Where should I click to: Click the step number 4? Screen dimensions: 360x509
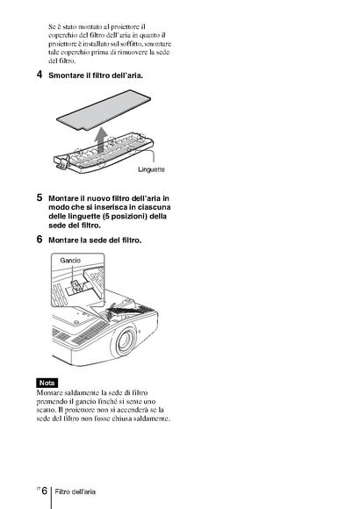[40, 75]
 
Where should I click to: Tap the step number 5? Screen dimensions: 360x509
[40, 197]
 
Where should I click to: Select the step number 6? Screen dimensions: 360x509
[40, 240]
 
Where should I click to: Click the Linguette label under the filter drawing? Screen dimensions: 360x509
[151, 169]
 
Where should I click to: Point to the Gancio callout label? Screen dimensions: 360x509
[70, 261]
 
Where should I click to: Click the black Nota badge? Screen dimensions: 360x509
[47, 383]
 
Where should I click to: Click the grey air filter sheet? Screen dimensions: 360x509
[104, 110]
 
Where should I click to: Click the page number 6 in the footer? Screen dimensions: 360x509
[45, 491]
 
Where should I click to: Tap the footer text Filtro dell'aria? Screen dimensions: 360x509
[75, 491]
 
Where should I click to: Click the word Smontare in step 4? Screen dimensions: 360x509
[66, 75]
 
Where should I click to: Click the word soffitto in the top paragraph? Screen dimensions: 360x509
[131, 44]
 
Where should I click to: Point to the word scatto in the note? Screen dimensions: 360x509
[45, 410]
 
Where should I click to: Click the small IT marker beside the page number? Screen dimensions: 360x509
[39, 488]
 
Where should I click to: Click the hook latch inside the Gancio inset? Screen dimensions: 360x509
[76, 287]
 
